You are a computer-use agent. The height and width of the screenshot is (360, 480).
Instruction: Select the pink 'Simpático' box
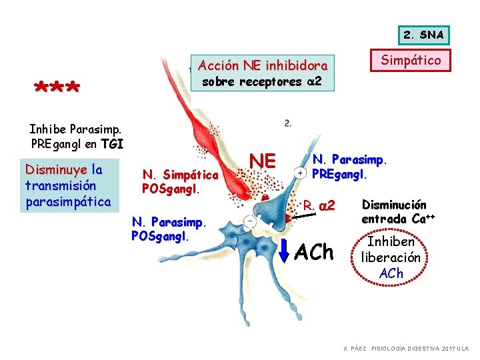click(411, 61)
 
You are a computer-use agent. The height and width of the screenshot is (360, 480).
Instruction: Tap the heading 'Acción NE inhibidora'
click(263, 66)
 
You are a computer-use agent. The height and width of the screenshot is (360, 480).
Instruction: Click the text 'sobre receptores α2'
click(263, 82)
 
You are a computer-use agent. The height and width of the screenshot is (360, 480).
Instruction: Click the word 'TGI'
click(112, 143)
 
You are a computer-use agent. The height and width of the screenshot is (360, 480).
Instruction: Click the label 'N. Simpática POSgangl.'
click(180, 181)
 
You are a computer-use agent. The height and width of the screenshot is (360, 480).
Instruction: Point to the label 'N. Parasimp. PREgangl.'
click(350, 167)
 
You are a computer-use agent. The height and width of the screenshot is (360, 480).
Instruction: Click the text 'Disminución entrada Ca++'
click(394, 211)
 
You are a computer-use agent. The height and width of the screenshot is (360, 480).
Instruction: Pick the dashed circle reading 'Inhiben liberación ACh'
click(391, 257)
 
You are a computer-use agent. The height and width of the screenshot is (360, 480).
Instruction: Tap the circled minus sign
click(250, 220)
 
